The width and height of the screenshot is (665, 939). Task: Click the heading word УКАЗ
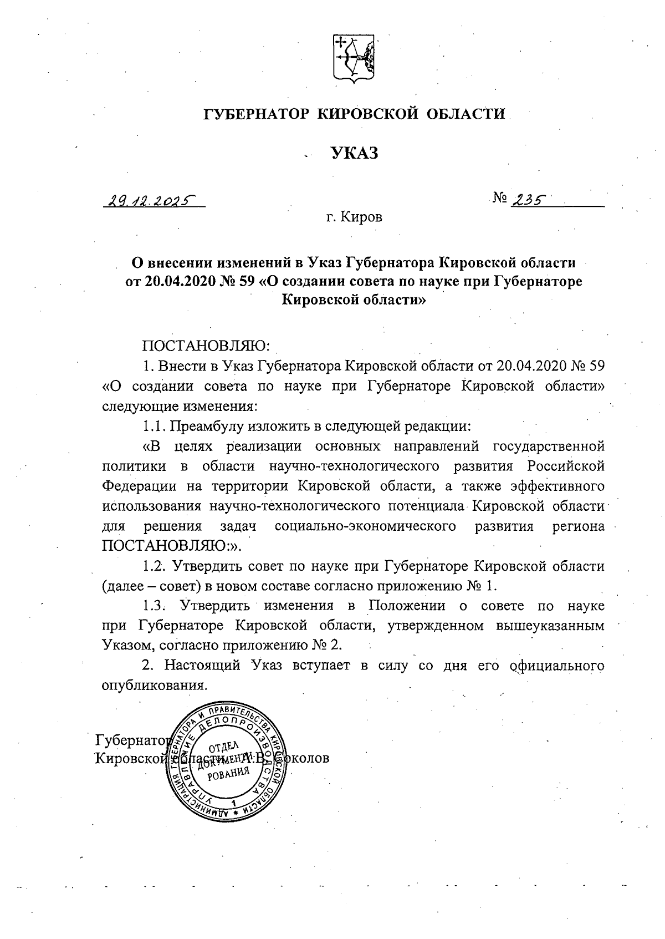(x=355, y=153)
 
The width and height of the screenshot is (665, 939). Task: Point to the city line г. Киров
(x=354, y=217)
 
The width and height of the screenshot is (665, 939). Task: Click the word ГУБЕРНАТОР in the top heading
(x=255, y=114)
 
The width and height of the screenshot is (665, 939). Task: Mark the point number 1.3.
(x=154, y=606)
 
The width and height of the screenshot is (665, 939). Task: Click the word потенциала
(x=427, y=506)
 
